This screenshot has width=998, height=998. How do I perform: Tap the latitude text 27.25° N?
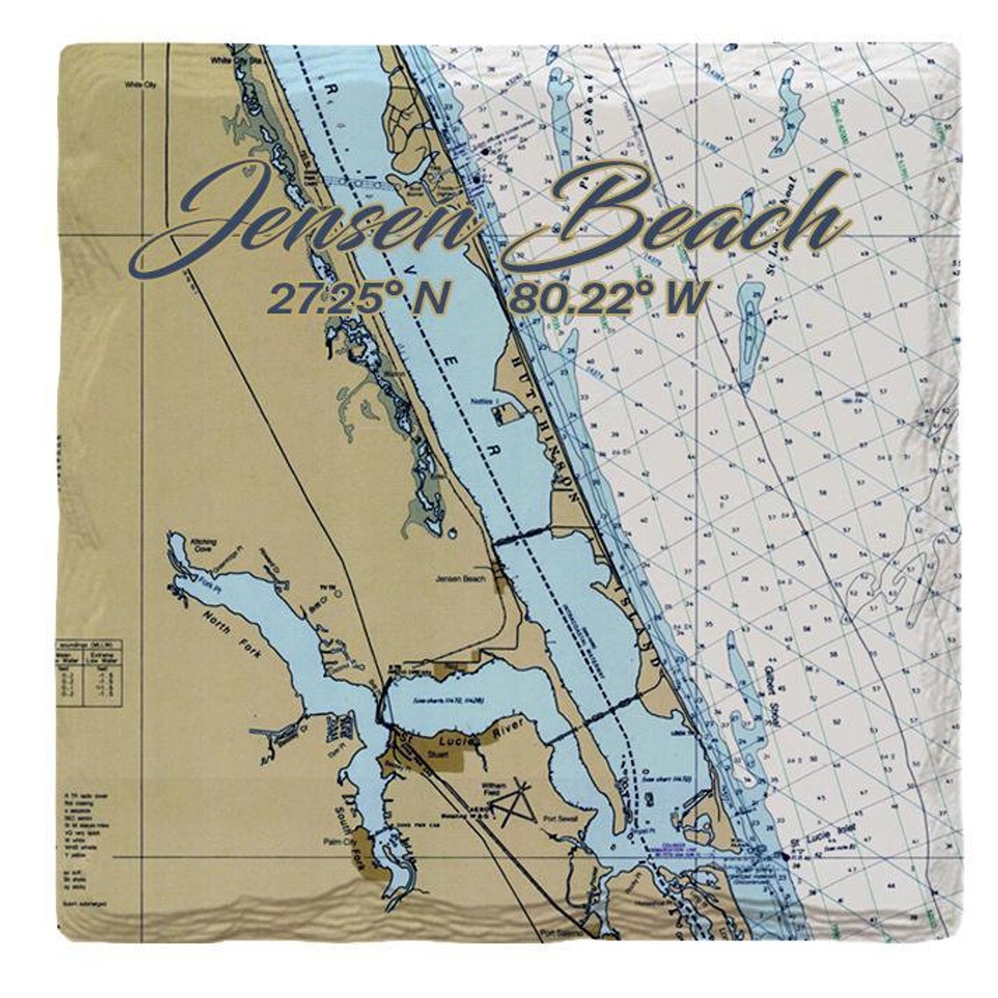(x=358, y=299)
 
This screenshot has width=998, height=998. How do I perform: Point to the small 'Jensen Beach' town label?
(x=459, y=580)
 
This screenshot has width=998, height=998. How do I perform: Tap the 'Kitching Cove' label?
(x=203, y=547)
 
